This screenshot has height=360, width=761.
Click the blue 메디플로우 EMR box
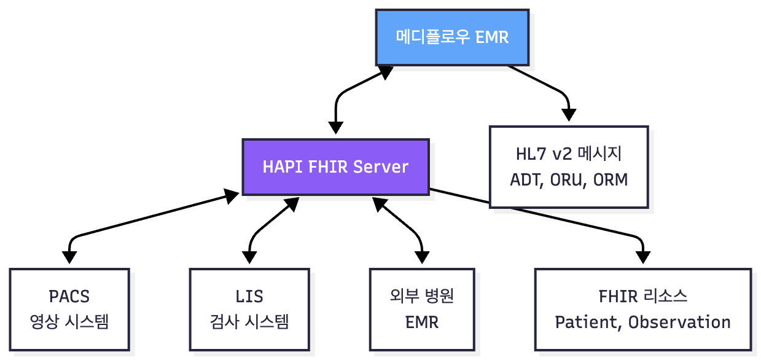452,37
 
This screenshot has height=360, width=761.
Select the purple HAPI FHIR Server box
335,167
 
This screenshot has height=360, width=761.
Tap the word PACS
69,297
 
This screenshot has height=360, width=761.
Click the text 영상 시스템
69,322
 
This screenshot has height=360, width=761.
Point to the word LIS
249,297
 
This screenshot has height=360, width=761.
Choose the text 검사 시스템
249,322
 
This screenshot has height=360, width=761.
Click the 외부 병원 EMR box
422,309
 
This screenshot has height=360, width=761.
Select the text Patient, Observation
642,322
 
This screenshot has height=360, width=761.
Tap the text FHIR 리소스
642,297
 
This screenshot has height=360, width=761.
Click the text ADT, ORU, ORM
569,180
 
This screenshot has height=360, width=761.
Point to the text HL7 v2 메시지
569,154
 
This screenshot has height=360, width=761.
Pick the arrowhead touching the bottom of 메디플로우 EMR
386,72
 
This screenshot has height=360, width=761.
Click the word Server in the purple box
384,167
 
